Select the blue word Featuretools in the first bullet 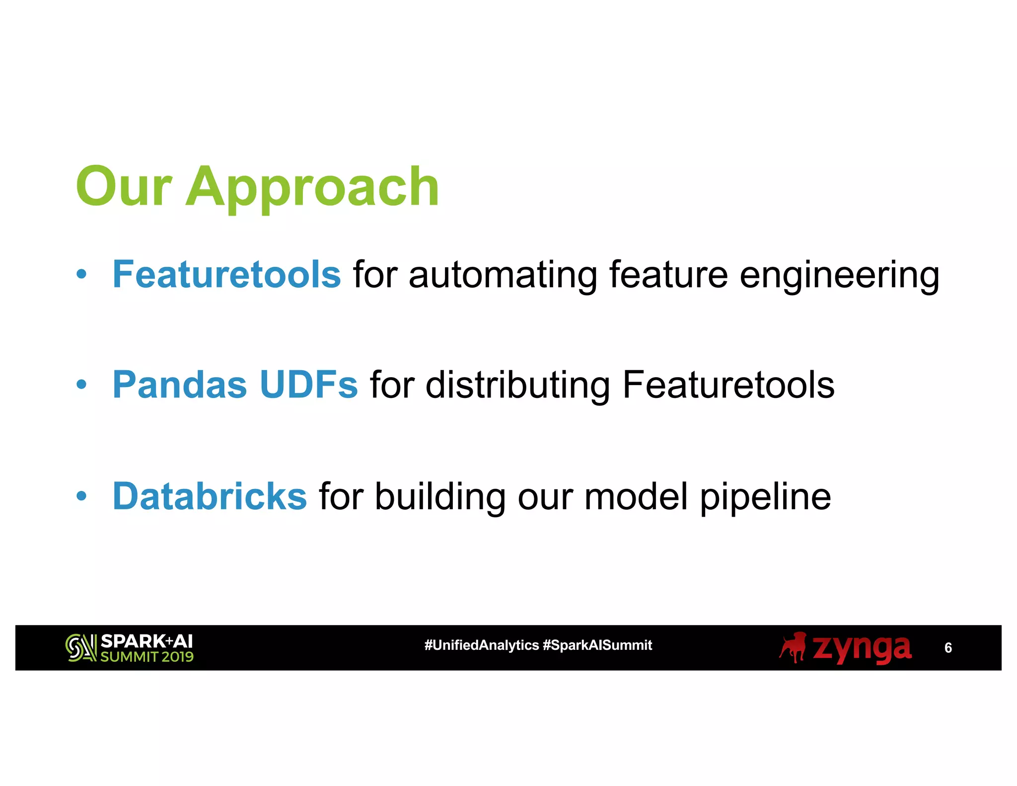click(x=226, y=274)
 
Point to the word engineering click(x=839, y=276)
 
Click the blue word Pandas click(x=180, y=385)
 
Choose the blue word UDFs click(x=308, y=385)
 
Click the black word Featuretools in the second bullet click(x=728, y=385)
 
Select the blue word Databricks click(x=210, y=496)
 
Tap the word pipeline click(x=765, y=498)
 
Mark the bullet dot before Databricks click(x=82, y=495)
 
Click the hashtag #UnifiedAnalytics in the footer click(x=481, y=645)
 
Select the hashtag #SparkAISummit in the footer click(x=597, y=645)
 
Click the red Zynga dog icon click(x=793, y=647)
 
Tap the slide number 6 click(x=948, y=647)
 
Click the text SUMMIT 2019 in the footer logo click(x=146, y=657)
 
